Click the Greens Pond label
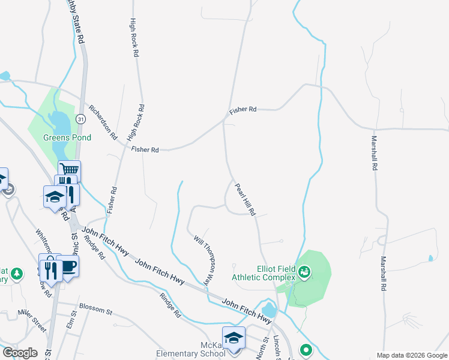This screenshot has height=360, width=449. pos(67,137)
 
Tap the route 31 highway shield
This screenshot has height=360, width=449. pos(80,119)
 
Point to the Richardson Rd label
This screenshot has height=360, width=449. pos(102,122)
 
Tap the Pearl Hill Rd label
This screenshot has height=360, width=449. pos(245,199)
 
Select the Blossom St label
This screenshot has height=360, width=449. pos(96,311)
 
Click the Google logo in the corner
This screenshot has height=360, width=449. pos(19,353)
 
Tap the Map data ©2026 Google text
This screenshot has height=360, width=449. pos(411,355)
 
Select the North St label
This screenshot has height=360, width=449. pos(264,347)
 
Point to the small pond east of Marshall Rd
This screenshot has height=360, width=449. pos(430,259)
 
